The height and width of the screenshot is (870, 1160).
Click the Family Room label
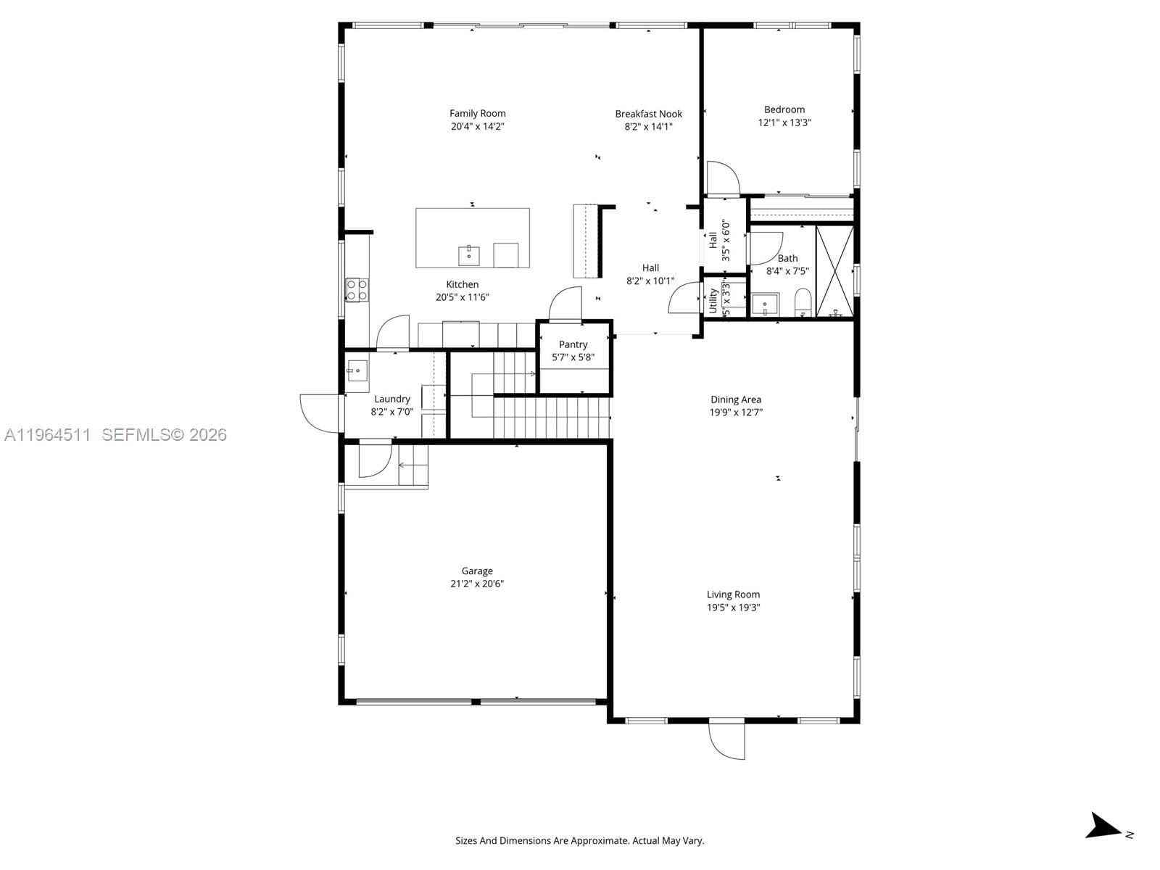[x=477, y=113]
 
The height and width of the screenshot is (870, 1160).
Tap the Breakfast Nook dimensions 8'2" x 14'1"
[x=648, y=127]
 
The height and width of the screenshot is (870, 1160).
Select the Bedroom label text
[x=784, y=109]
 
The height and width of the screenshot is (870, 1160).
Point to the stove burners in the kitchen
[x=357, y=290]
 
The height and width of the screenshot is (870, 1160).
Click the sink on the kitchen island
[x=469, y=255]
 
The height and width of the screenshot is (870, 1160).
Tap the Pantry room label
[x=573, y=344]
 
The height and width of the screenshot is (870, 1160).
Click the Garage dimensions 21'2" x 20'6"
[x=476, y=584]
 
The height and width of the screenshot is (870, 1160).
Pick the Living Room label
[x=733, y=594]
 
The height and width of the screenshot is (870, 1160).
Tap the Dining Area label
[x=735, y=399]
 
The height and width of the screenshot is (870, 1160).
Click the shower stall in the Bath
[x=834, y=271]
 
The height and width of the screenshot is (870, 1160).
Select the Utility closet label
[x=713, y=299]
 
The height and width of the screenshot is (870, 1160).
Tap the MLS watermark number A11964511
[x=47, y=435]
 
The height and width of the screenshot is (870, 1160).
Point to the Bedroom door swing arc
[x=724, y=178]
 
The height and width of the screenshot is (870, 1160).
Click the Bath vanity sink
[x=764, y=304]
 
